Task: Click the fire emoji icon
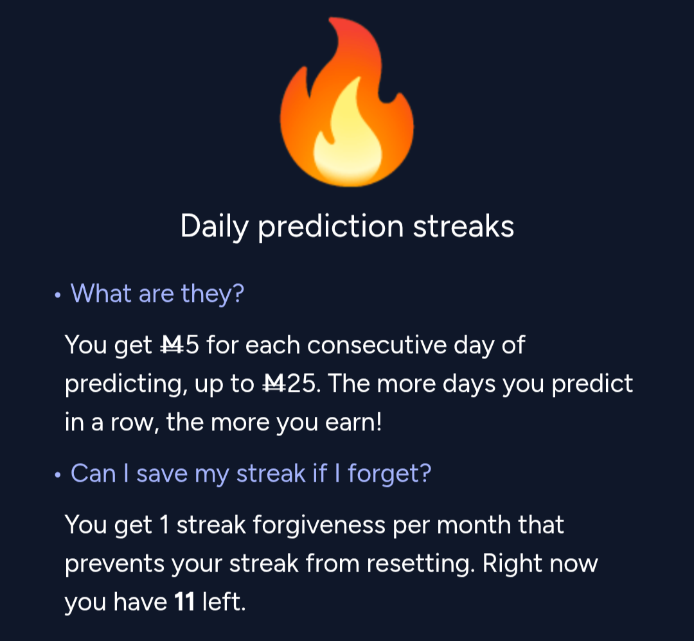coord(347,101)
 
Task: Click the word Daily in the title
coord(214,227)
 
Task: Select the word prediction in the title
coord(331,226)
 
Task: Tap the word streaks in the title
coord(463,226)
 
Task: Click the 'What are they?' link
coord(157,294)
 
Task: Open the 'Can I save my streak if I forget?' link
coord(251,473)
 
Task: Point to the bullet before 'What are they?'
coord(58,295)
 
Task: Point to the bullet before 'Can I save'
coord(58,475)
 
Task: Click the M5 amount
coord(180,345)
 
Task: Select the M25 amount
coord(289,383)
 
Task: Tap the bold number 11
coord(184,602)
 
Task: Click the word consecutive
coord(377,345)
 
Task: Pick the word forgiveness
coord(319,525)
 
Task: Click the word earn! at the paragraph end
coord(353,423)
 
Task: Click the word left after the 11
coord(224,602)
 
